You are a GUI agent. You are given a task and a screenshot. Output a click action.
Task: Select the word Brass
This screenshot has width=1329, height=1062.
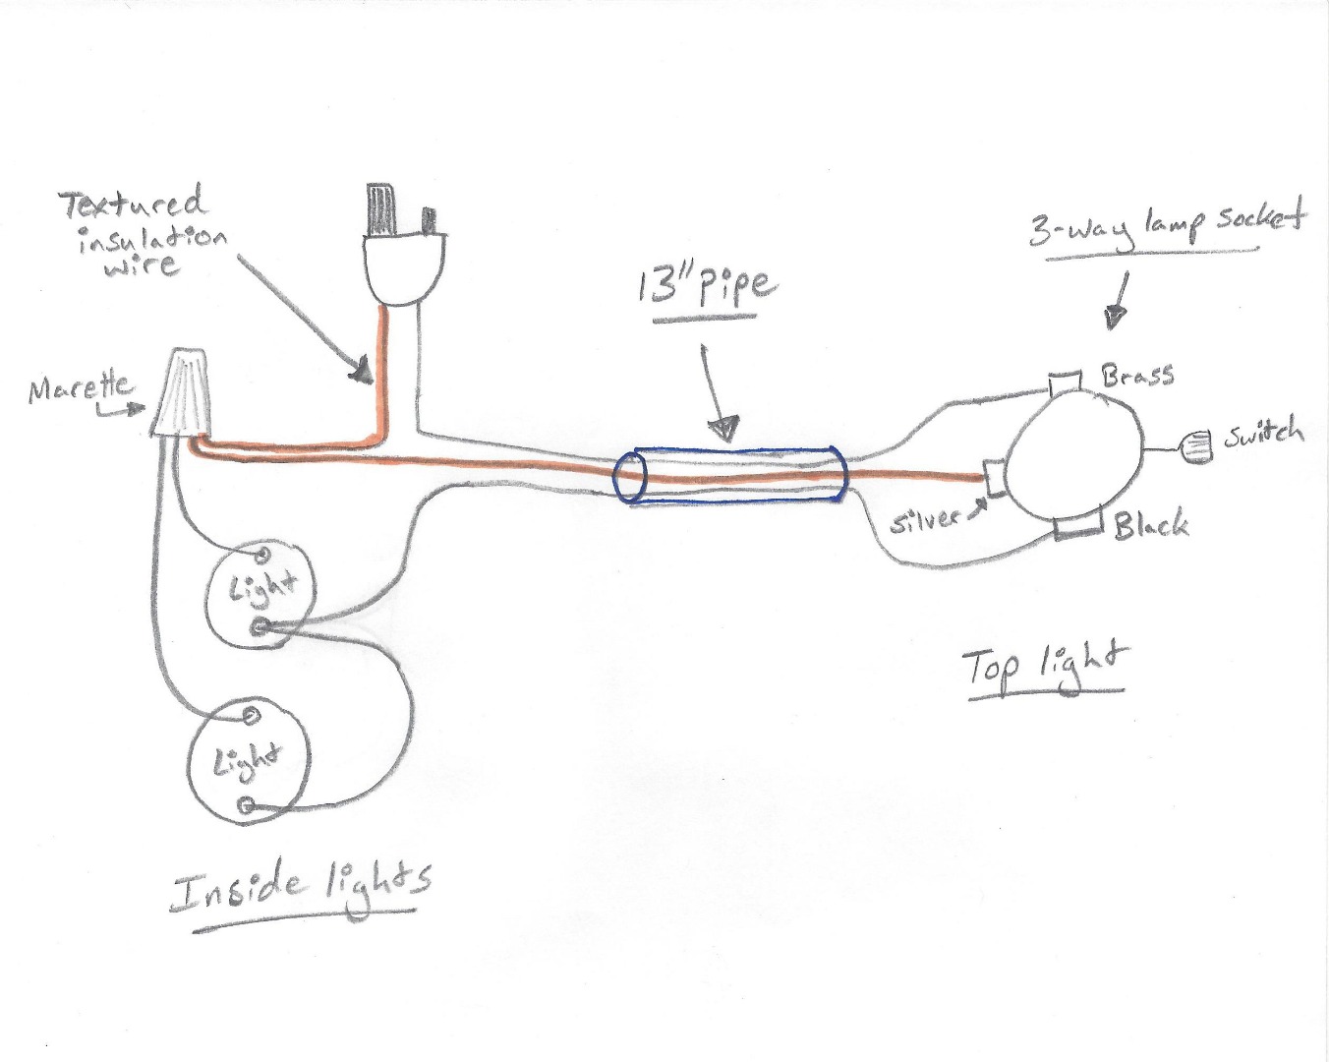[1138, 375]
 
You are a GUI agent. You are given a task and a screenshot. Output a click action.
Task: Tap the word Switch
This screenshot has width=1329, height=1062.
[1263, 434]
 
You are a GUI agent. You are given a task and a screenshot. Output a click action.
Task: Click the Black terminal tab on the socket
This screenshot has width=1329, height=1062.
[1078, 528]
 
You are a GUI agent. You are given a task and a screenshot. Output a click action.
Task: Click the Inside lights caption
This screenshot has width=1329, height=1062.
[300, 885]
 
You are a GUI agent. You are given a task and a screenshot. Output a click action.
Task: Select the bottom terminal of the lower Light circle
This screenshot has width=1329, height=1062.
[246, 805]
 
